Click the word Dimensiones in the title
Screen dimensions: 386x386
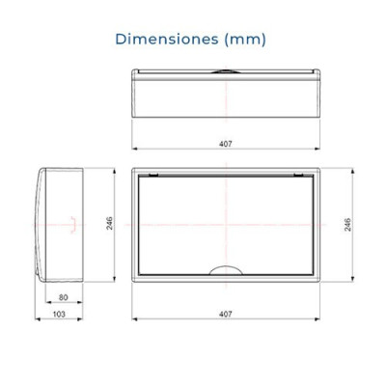(x=167, y=39)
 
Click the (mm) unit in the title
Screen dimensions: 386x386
(x=245, y=40)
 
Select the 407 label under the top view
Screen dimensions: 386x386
(x=226, y=144)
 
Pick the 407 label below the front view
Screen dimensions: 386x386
(x=226, y=314)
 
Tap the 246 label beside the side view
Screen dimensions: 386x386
(x=110, y=223)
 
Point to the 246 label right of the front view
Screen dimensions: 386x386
(x=347, y=225)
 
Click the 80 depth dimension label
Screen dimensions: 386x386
(x=64, y=297)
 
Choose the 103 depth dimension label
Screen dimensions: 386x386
(x=59, y=314)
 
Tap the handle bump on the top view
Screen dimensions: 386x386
(x=226, y=71)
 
